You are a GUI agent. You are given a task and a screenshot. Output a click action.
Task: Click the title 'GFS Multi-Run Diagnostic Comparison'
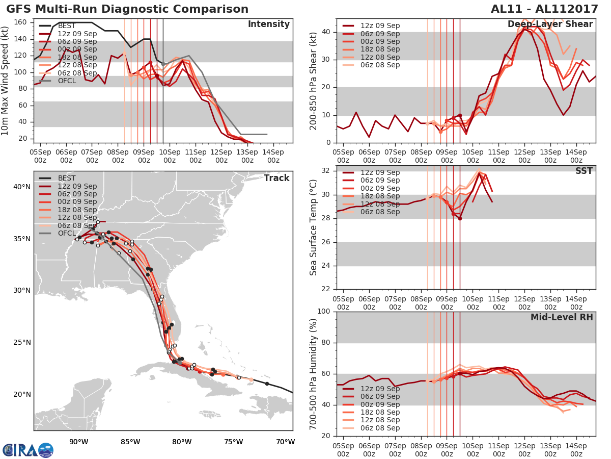click(127, 9)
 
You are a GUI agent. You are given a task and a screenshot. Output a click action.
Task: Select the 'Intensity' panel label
click(268, 24)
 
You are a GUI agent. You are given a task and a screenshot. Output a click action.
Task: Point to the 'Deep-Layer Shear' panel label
click(550, 24)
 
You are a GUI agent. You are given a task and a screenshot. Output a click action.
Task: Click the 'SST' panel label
click(585, 171)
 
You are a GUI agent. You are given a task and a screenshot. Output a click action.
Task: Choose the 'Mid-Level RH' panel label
click(562, 317)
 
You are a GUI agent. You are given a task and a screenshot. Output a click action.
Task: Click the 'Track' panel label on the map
click(276, 178)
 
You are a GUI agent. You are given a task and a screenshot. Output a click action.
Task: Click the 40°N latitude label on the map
click(22, 187)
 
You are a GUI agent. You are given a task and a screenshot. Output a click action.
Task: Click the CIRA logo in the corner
click(27, 450)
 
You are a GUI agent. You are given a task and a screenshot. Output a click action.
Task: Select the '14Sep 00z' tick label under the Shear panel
click(576, 157)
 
